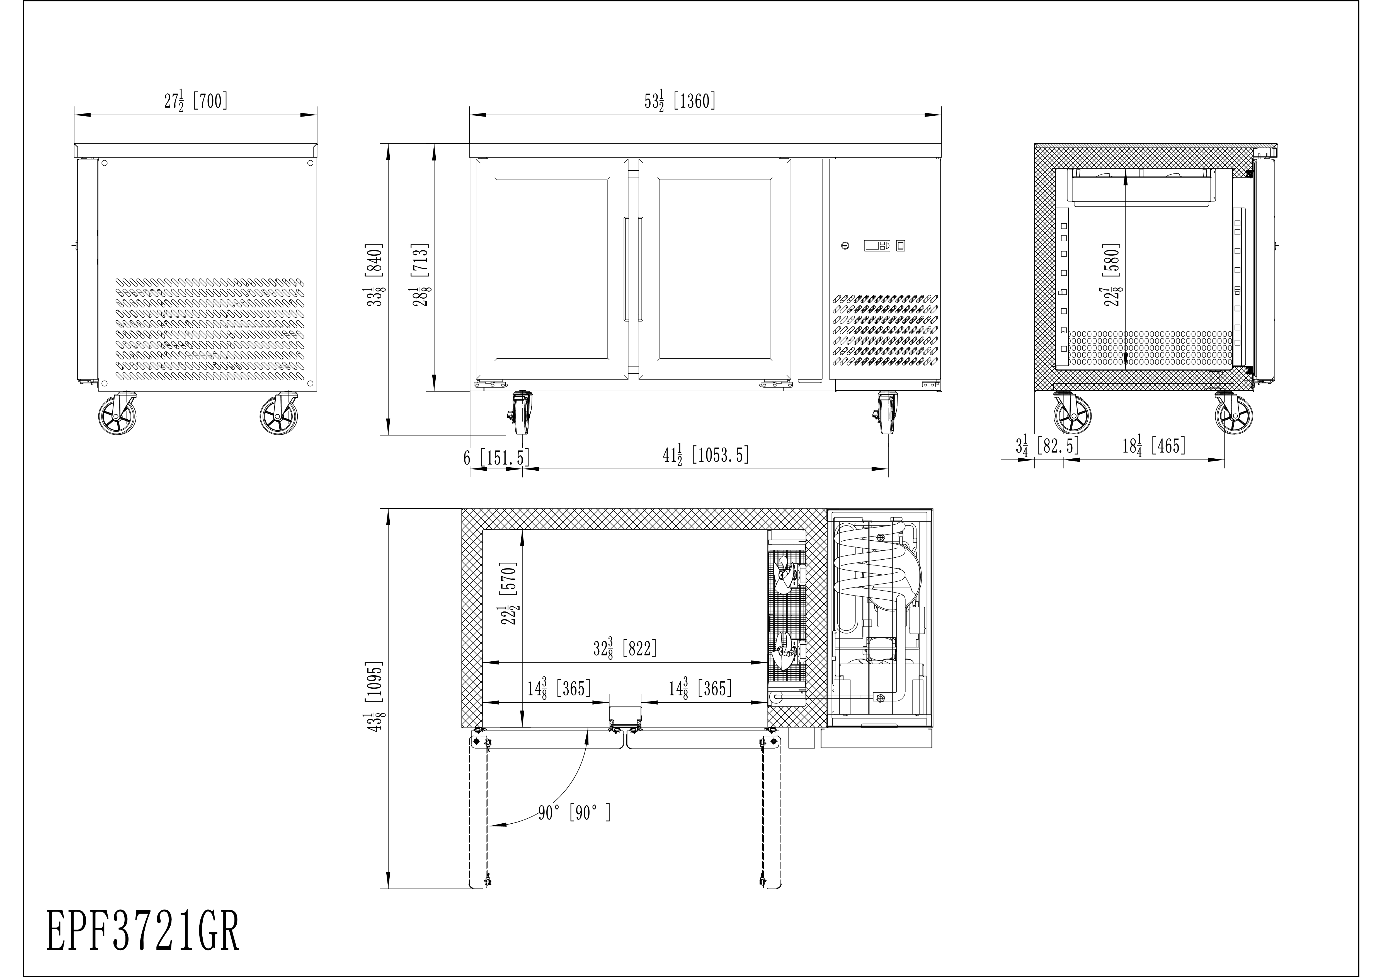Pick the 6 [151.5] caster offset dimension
[x=497, y=458]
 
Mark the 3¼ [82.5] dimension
[x=1047, y=446]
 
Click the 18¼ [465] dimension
[x=1154, y=446]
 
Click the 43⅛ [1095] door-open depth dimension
[x=375, y=697]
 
